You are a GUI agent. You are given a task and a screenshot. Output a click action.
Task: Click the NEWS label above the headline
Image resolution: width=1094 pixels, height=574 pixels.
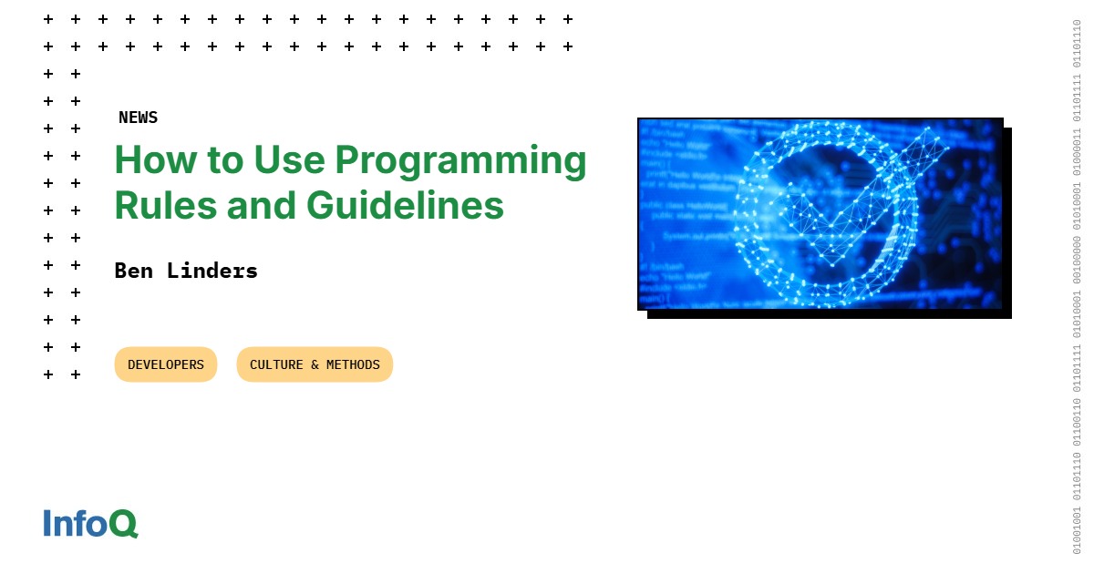(138, 118)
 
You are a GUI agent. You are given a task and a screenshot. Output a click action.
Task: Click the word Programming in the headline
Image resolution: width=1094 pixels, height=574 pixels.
(460, 161)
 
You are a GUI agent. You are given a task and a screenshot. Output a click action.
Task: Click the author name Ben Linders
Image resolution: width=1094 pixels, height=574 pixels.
(186, 271)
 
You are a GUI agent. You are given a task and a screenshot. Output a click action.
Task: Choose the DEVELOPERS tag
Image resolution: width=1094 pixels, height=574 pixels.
(166, 364)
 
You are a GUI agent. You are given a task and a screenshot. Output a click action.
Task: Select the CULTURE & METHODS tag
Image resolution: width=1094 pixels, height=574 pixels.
(315, 364)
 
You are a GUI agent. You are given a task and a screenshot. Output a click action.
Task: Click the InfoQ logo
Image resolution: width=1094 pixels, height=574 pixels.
(90, 523)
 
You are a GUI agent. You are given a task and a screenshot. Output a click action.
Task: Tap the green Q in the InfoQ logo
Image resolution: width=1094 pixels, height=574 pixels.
(123, 524)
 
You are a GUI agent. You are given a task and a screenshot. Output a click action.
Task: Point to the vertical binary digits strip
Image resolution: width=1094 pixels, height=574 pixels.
(1077, 287)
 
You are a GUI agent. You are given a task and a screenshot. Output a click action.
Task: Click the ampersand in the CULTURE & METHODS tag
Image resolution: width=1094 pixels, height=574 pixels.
(315, 364)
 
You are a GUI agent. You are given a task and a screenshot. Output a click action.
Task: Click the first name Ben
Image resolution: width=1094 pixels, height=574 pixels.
(133, 271)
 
